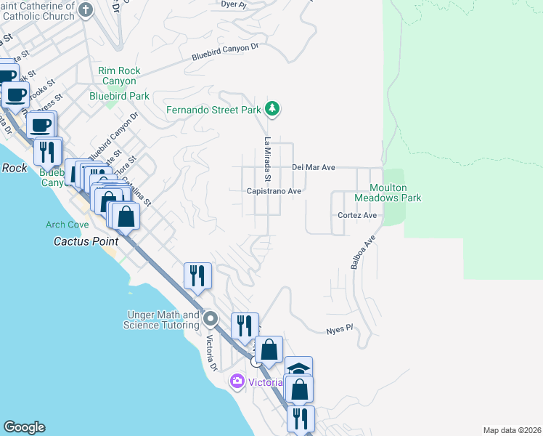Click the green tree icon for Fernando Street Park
[x=272, y=109]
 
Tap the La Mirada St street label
[x=267, y=159]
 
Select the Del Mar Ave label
[x=313, y=167]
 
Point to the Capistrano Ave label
[x=274, y=191]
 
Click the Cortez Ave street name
[x=357, y=216]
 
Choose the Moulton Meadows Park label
[x=388, y=193]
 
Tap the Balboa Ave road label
[x=364, y=252]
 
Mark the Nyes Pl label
[x=338, y=328]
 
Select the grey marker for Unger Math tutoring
[x=211, y=318]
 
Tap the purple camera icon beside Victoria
[x=237, y=381]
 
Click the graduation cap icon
[x=298, y=368]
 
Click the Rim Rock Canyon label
[x=119, y=76]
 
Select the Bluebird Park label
[x=119, y=96]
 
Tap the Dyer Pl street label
[x=232, y=4]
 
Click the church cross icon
[x=86, y=10]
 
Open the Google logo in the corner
[x=24, y=427]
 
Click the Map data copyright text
[x=511, y=430]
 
